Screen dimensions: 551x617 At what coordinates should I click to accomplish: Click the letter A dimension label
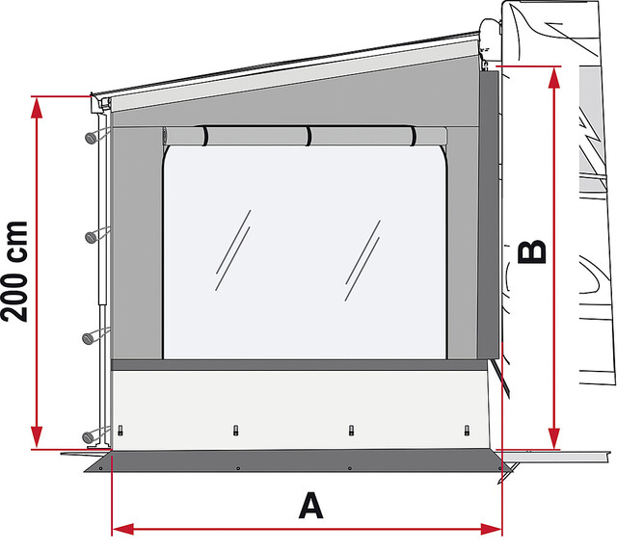(309, 505)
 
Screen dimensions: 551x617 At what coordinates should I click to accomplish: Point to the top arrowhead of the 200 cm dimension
(37, 104)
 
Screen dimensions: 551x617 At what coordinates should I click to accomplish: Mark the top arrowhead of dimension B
(553, 77)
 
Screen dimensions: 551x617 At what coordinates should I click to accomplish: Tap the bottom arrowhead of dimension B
(553, 440)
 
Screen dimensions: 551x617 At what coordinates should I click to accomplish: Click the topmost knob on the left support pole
(91, 136)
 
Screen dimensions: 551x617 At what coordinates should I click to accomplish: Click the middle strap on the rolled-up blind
(308, 136)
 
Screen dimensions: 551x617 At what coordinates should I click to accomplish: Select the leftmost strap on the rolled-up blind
(204, 136)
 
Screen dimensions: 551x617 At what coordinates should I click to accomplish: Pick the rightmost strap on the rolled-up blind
(415, 136)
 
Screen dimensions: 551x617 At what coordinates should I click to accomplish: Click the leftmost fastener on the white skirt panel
(123, 430)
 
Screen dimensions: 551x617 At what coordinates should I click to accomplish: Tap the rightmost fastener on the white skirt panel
(467, 430)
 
